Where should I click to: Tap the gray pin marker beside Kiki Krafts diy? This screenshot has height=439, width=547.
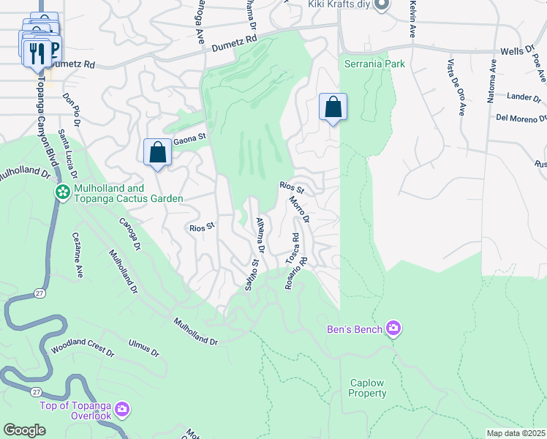click(381, 5)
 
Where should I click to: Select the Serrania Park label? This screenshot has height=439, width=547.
click(374, 64)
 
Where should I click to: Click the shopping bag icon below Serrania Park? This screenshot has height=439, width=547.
click(333, 108)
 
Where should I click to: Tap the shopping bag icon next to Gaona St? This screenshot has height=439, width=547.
click(157, 152)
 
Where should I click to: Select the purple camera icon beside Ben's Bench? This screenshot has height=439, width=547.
click(394, 329)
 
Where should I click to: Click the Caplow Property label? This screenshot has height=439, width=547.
click(367, 388)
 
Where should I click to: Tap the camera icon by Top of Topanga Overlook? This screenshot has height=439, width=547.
click(122, 408)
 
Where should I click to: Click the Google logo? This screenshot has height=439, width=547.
click(24, 430)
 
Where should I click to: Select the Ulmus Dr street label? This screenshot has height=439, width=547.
click(143, 347)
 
